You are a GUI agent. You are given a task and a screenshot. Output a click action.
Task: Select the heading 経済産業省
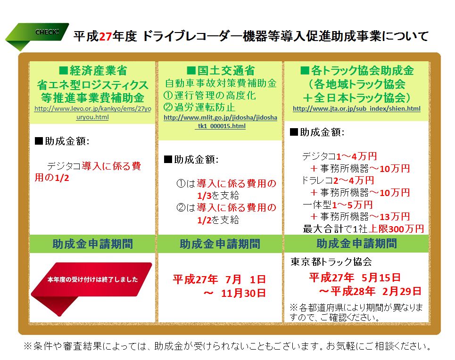click(93, 71)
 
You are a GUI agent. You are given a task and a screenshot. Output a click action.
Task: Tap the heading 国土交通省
click(221, 71)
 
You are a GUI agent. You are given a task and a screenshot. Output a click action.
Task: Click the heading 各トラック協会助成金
click(356, 71)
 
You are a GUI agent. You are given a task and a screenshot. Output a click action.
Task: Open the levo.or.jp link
click(92, 113)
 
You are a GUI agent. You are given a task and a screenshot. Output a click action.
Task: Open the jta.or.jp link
click(356, 109)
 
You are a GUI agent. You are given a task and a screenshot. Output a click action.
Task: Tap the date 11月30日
click(243, 293)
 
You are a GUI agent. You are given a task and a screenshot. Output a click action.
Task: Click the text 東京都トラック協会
click(331, 262)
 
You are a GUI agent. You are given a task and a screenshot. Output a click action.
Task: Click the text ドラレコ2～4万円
click(338, 180)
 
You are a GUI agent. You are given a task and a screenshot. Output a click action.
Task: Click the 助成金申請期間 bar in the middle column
click(220, 244)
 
